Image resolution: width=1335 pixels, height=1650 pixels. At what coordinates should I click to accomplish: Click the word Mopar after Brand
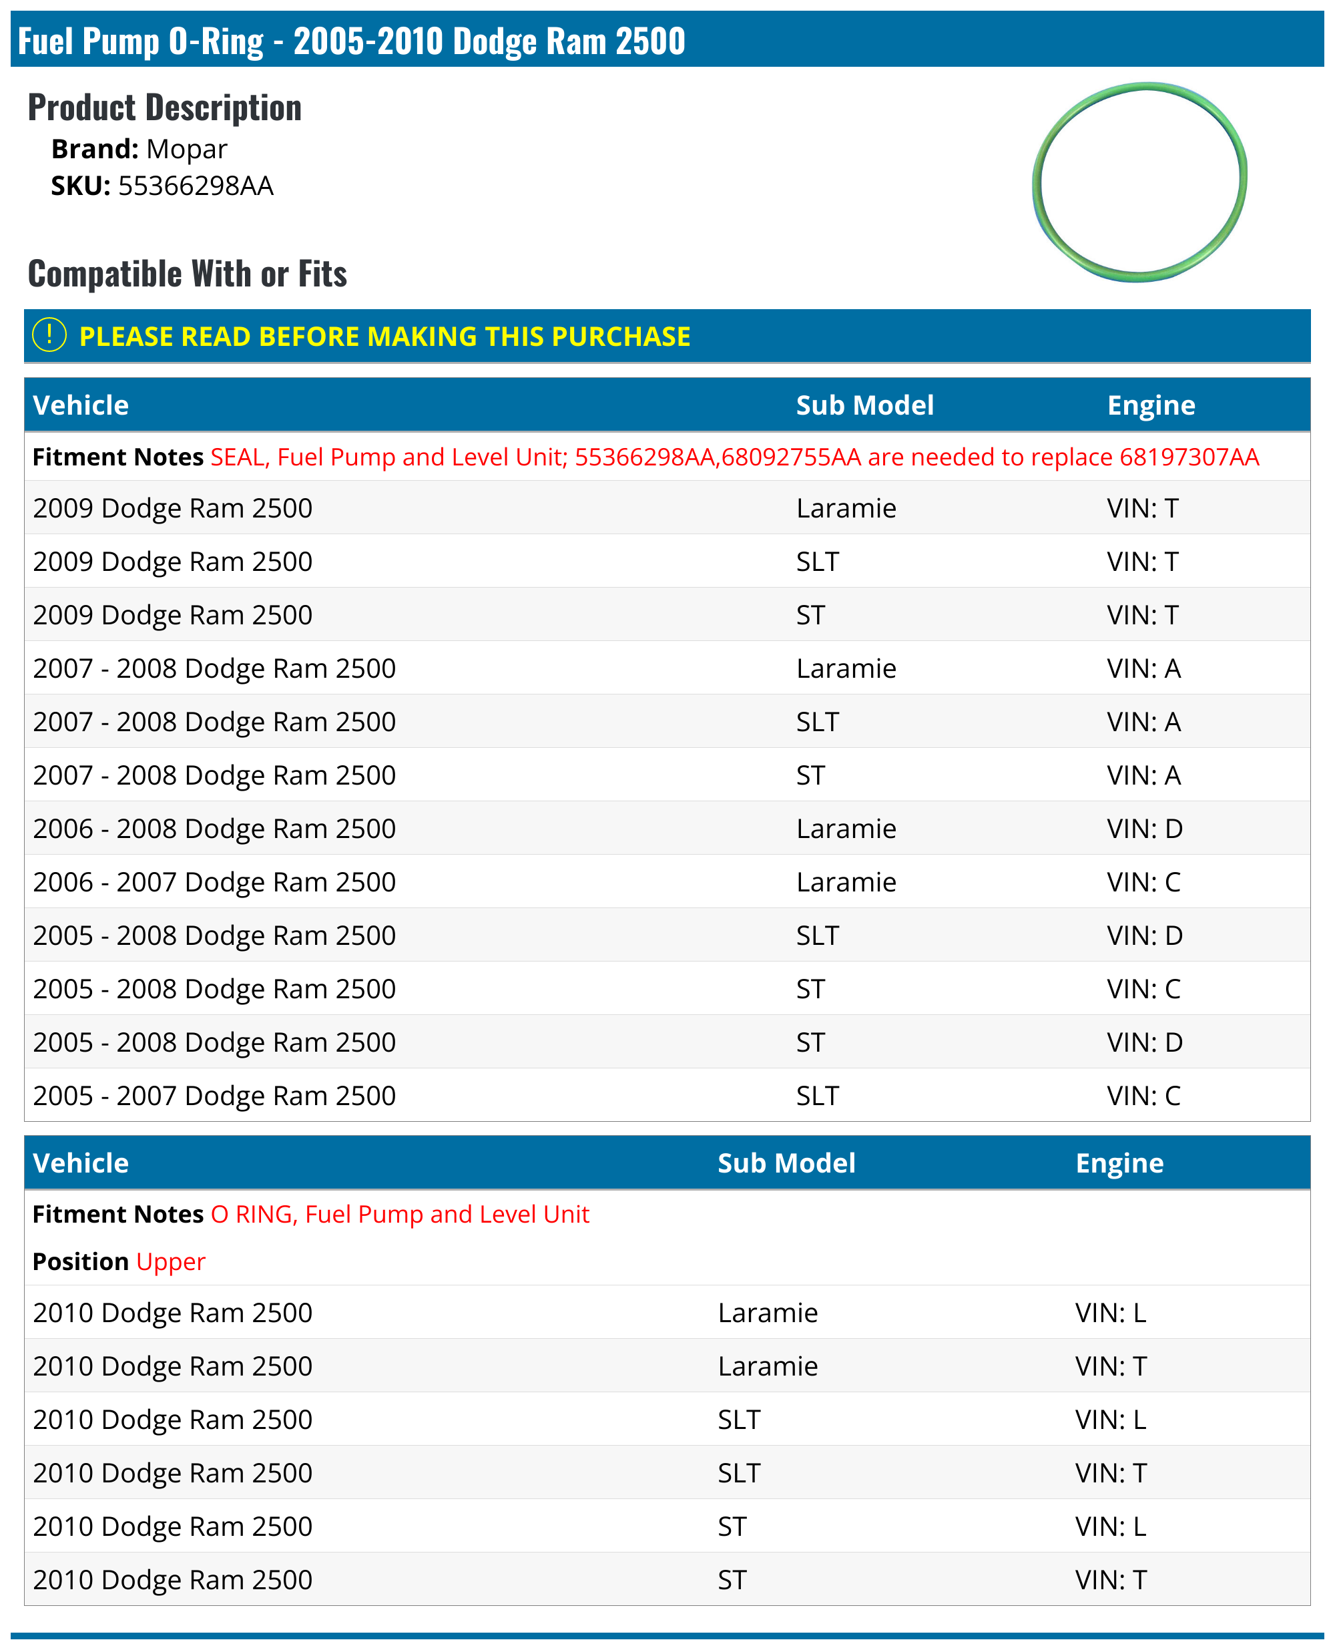coord(187,149)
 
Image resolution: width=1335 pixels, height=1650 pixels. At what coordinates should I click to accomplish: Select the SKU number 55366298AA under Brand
coord(196,186)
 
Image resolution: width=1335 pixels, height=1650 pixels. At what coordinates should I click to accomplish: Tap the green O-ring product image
coord(1139,182)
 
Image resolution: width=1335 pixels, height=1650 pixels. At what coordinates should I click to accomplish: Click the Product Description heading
coord(165,108)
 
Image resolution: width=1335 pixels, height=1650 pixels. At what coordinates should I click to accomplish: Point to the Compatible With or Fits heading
coord(187,274)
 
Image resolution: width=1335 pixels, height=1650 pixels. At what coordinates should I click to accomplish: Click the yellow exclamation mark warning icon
coord(49,335)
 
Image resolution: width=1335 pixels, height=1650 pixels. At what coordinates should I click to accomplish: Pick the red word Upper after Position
coord(171,1261)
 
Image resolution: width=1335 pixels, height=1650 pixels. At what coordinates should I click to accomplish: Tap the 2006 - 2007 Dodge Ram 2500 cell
coord(214,882)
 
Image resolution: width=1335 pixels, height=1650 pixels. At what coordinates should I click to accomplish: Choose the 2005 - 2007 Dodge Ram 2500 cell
coord(214,1096)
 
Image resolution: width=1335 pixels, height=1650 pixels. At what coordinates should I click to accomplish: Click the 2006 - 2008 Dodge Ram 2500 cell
coord(214,829)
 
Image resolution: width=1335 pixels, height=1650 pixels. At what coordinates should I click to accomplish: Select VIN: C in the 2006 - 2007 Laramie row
coord(1143,882)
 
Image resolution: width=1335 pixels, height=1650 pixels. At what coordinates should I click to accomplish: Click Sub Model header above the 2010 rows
coord(786,1163)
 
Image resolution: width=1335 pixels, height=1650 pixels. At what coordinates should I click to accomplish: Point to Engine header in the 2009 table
coord(1151,405)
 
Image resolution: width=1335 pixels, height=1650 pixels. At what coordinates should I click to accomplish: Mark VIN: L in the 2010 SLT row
coord(1111,1420)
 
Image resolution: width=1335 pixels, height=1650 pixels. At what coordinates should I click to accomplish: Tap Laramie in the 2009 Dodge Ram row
coord(846,508)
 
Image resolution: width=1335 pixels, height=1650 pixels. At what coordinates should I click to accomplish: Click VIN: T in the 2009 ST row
coord(1142,616)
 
